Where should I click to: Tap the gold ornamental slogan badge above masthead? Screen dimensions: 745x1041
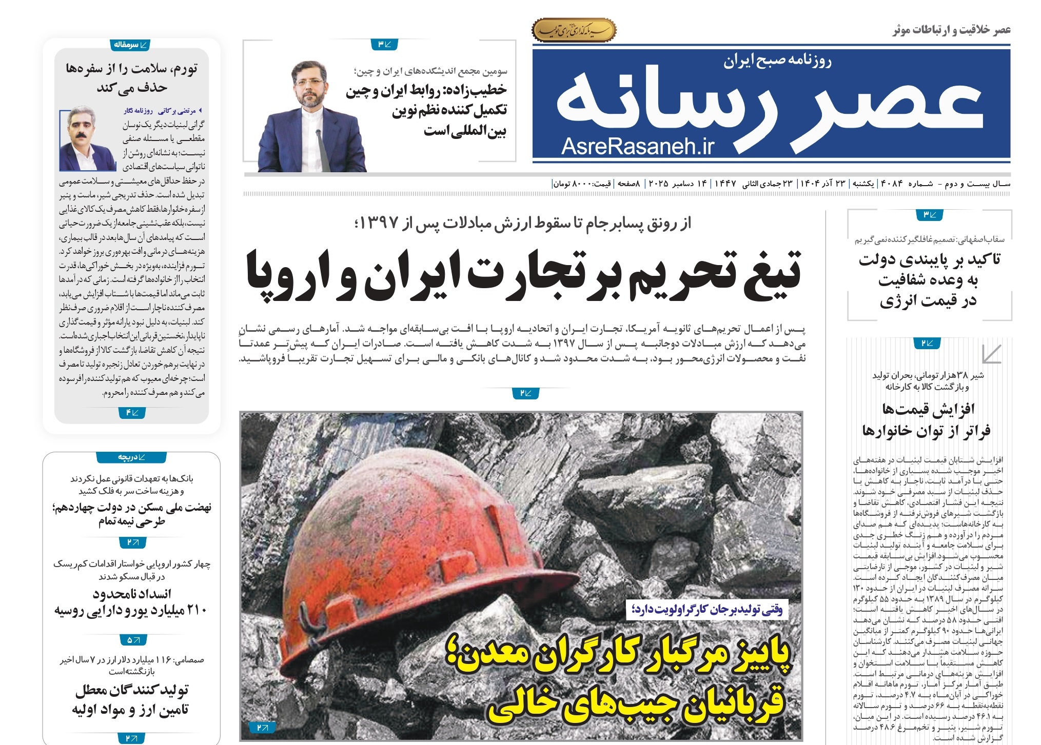[x=574, y=30]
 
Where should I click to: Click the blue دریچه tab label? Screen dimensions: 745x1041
[x=131, y=457]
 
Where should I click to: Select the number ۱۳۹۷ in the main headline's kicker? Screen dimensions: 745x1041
[x=379, y=223]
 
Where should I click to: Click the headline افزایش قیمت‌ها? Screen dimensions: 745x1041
[x=928, y=409]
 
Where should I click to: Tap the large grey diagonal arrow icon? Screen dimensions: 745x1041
[x=990, y=354]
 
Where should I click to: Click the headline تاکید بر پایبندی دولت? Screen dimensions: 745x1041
[x=929, y=259]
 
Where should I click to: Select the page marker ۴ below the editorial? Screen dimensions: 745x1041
[x=132, y=413]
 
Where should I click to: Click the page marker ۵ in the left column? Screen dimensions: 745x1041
[x=133, y=640]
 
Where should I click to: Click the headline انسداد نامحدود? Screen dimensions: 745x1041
[x=132, y=594]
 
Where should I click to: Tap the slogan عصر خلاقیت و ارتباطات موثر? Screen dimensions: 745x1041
[x=951, y=30]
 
